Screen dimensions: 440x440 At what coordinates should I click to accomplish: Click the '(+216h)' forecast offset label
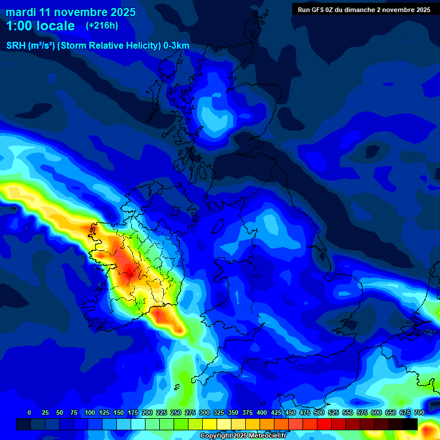click(102, 26)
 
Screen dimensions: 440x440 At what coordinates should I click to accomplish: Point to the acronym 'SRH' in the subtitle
click(17, 46)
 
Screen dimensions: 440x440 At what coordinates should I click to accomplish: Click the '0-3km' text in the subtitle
click(176, 46)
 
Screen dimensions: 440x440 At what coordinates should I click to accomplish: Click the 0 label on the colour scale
click(29, 412)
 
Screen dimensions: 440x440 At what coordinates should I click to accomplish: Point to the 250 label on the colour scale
click(176, 412)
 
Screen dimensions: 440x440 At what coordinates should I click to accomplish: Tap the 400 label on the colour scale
click(262, 412)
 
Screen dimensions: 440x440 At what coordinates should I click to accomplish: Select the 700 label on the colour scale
click(419, 412)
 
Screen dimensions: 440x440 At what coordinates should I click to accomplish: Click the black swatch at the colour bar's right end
click(410, 424)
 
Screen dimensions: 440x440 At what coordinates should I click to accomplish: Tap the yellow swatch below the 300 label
click(209, 424)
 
